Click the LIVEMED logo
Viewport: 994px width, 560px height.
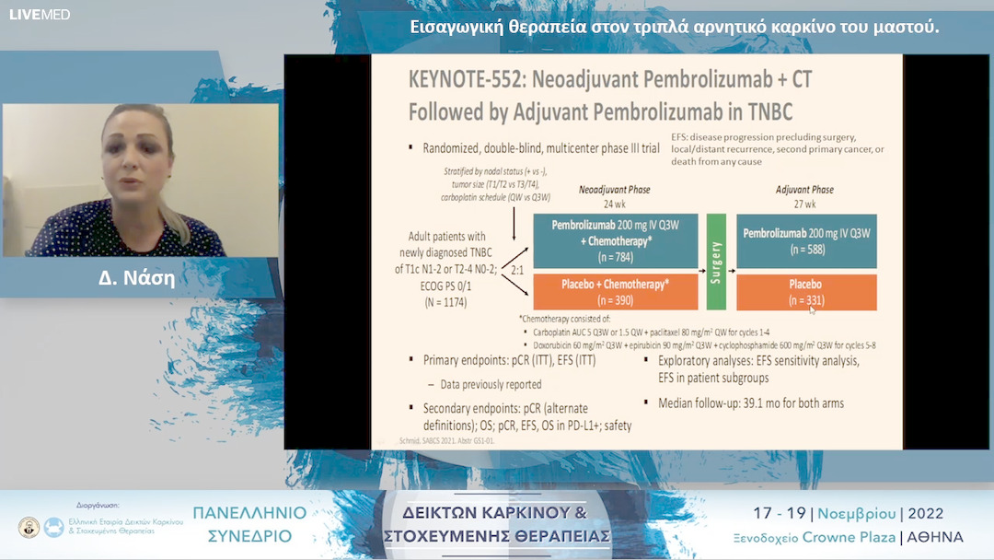[39, 15]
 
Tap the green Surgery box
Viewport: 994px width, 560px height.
[716, 262]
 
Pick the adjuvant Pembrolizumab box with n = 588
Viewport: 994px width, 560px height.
[806, 240]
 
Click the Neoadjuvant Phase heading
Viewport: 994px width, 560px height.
[614, 190]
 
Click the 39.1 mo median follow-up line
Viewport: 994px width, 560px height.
[750, 402]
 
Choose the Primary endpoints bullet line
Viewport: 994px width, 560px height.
[509, 360]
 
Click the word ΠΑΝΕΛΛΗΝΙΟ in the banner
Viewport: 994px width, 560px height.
[243, 514]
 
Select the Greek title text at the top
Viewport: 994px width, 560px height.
[674, 27]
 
